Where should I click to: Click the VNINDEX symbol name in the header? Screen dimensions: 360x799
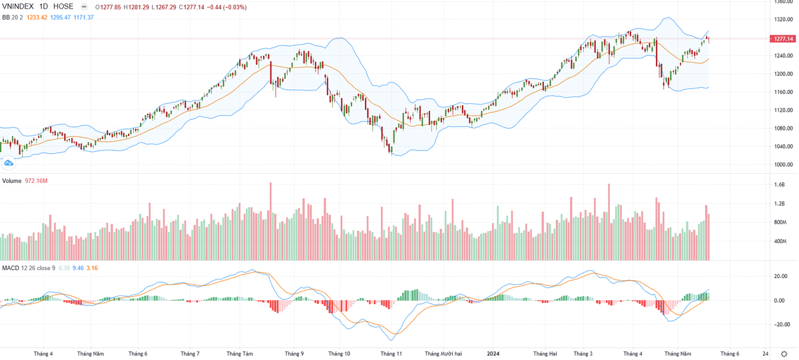click(x=19, y=7)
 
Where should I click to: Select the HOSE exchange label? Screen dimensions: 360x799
click(x=63, y=7)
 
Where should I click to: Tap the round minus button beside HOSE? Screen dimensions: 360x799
click(x=83, y=7)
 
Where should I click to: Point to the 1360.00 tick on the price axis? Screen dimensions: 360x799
click(x=783, y=2)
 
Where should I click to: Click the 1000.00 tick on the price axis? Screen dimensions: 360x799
click(x=783, y=165)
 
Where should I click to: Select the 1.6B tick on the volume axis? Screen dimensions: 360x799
click(x=780, y=184)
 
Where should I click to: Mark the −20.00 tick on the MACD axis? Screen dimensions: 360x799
click(x=782, y=325)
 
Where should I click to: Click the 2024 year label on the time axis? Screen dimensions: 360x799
click(x=494, y=354)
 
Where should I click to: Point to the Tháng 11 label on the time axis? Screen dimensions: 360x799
click(x=391, y=354)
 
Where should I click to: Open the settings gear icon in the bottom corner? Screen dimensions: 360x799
click(x=784, y=354)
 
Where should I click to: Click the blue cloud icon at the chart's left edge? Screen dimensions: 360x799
click(x=9, y=162)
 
